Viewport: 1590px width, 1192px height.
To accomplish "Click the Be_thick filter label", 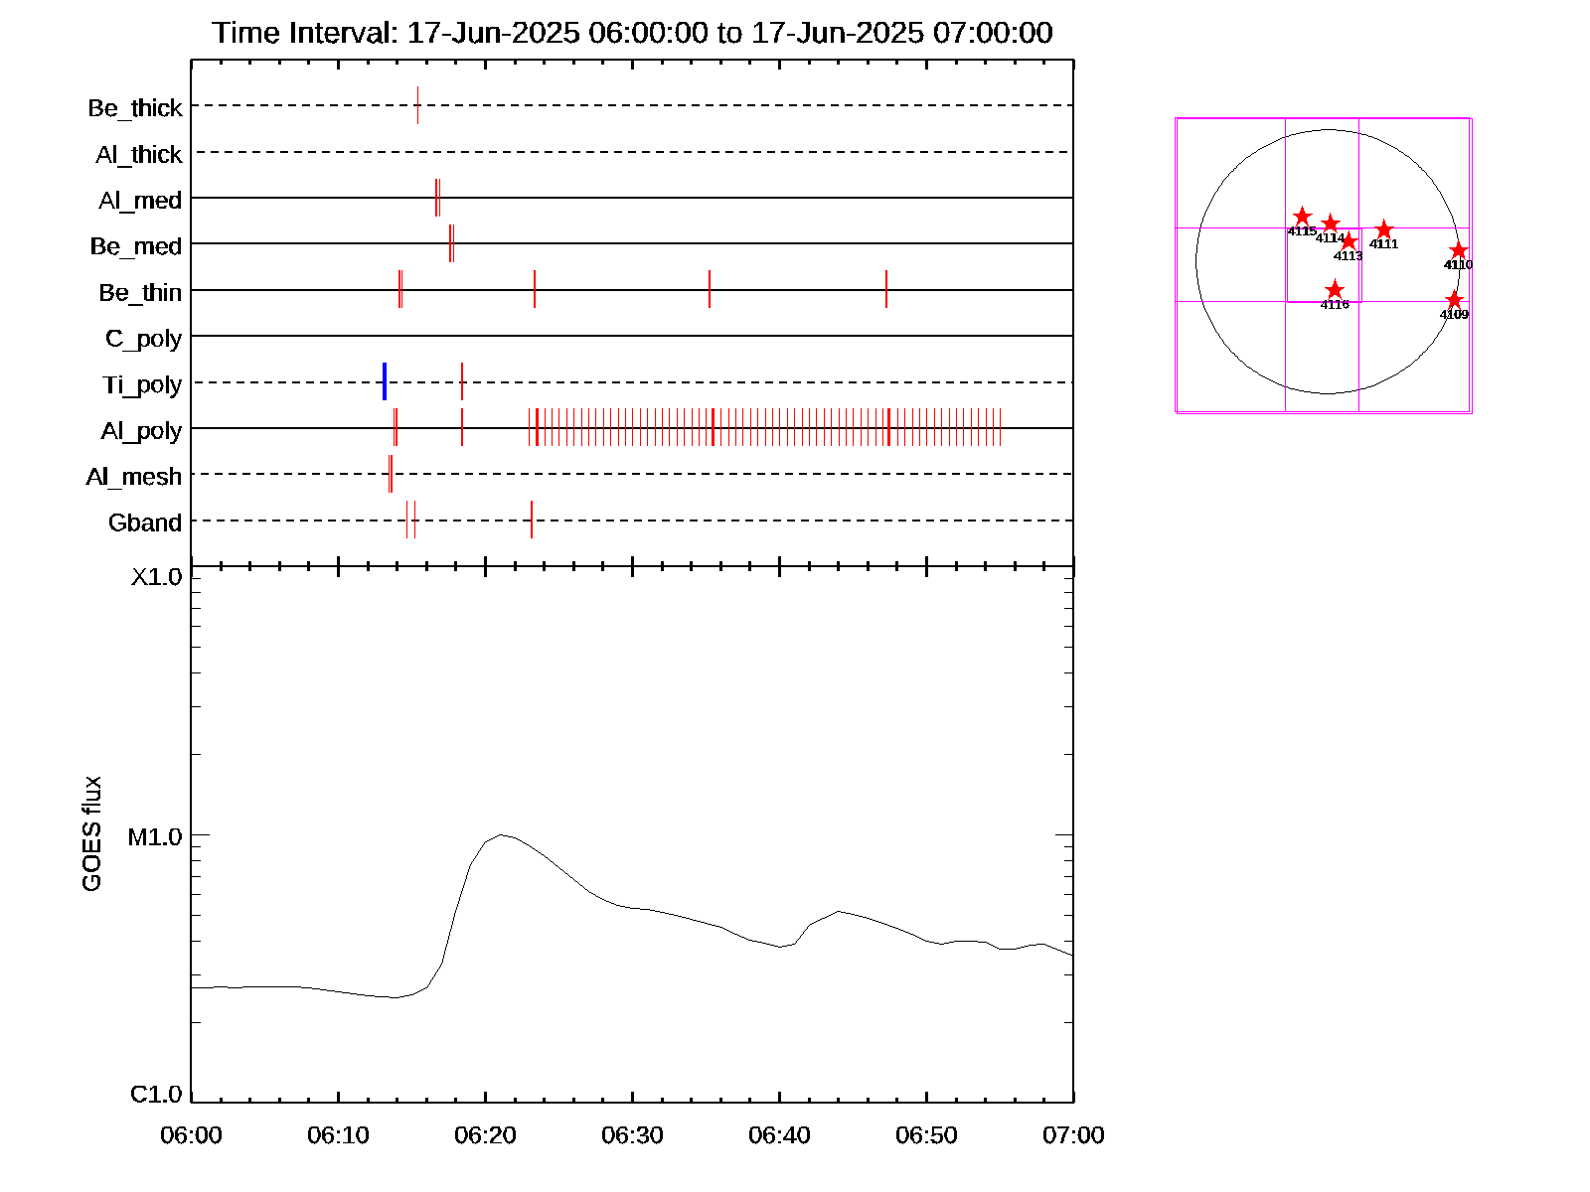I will [135, 108].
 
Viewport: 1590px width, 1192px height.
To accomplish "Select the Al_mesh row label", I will [134, 477].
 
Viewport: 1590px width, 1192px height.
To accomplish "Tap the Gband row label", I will [145, 522].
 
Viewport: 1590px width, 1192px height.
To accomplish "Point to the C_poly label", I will [144, 339].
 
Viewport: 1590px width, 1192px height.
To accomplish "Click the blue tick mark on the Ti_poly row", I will [385, 381].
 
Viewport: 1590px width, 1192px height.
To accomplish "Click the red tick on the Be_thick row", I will [417, 105].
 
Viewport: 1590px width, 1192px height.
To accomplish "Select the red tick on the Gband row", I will [532, 520].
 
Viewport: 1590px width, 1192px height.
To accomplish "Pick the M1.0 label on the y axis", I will [155, 837].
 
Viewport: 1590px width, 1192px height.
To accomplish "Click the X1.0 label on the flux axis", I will [157, 577].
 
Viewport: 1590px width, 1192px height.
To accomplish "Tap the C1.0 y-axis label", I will [156, 1095].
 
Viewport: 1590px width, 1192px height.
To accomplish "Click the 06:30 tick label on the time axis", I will [632, 1135].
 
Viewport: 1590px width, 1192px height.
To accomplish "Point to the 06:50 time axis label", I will [926, 1135].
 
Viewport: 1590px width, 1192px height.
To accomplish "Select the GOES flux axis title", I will [92, 833].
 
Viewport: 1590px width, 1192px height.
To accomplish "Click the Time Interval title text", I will [632, 33].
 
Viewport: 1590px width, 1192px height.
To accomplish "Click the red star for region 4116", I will [1335, 290].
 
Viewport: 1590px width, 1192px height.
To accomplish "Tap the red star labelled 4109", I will [1454, 300].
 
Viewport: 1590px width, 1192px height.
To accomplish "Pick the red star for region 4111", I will [1384, 230].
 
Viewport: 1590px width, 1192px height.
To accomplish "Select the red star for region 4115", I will [1302, 217].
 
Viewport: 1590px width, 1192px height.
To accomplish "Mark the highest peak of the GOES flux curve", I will [502, 834].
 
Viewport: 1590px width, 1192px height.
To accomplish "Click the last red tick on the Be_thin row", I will [886, 289].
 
